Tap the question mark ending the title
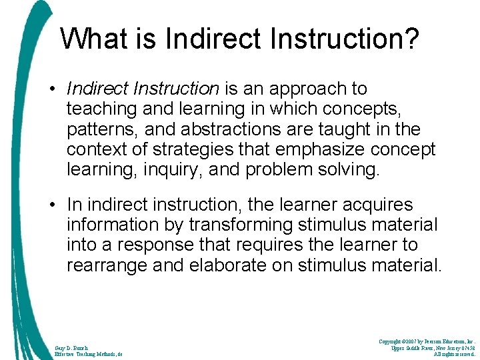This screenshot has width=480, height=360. coord(412,39)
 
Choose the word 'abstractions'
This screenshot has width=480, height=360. coord(257,129)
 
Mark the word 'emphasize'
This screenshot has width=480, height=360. coord(323,149)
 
